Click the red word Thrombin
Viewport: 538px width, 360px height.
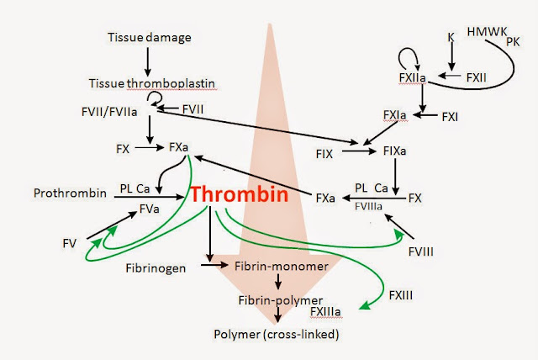point(239,195)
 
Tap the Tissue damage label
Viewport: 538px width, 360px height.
point(149,37)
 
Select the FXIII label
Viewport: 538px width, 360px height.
point(401,296)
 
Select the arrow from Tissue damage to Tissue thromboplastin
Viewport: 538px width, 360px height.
point(148,60)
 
